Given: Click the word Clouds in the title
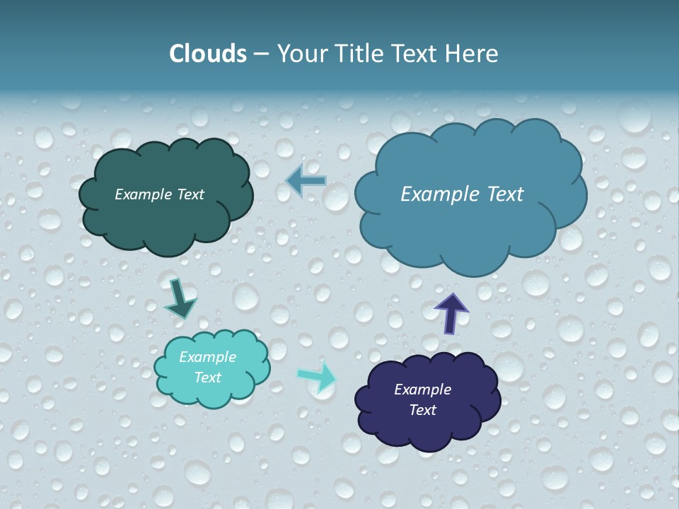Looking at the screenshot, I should coord(207,54).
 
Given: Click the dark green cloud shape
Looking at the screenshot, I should coord(166,219).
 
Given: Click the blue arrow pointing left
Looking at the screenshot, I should coord(306,181).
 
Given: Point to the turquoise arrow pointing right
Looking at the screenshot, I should coord(316,378).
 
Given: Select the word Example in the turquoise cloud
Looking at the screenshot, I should coord(207,357).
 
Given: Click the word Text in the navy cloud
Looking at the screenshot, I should coord(422,410).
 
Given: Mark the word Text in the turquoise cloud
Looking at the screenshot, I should coord(207,378).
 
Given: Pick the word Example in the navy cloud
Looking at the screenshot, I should coord(422,390).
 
